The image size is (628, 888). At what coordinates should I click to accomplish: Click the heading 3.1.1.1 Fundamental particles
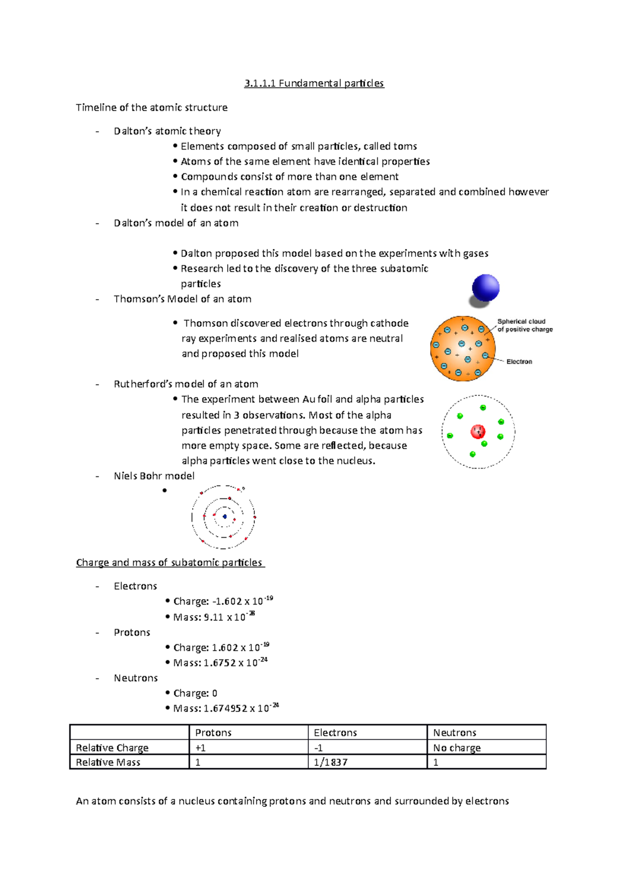coord(314,83)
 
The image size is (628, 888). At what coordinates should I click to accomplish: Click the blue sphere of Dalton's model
coord(485,288)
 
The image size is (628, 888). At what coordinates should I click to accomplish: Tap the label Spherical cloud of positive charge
coord(524,325)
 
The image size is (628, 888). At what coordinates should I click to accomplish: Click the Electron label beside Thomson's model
coord(519,361)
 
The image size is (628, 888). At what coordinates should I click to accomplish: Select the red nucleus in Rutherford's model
coord(478,431)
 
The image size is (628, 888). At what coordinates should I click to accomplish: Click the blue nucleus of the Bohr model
coord(225,517)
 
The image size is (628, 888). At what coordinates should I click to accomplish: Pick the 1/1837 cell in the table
coord(331,762)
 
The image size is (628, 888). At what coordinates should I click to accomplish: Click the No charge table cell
coord(456,747)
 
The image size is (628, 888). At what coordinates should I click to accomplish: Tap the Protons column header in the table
coord(213,732)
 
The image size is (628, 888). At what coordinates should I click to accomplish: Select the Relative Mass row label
coord(108,762)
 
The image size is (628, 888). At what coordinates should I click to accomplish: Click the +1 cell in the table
coord(200,747)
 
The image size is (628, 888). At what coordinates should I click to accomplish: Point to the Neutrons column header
coord(454,732)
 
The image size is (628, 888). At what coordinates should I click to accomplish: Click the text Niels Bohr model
coord(154,476)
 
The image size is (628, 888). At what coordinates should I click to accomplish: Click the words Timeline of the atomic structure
coord(151,107)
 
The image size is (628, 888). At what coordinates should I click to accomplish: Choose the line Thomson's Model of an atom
coord(182,299)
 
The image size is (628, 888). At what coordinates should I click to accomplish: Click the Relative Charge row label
coord(112,747)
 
